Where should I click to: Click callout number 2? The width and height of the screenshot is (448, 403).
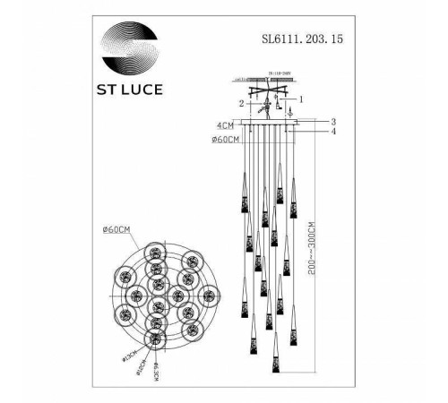tap(242, 104)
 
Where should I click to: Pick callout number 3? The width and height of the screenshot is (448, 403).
tap(332, 122)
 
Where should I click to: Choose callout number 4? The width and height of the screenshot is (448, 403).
tap(332, 133)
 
